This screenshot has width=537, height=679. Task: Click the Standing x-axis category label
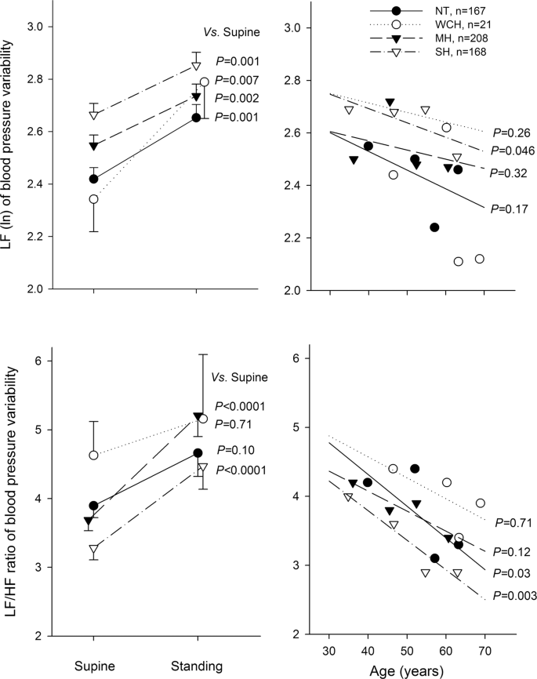point(196,666)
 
